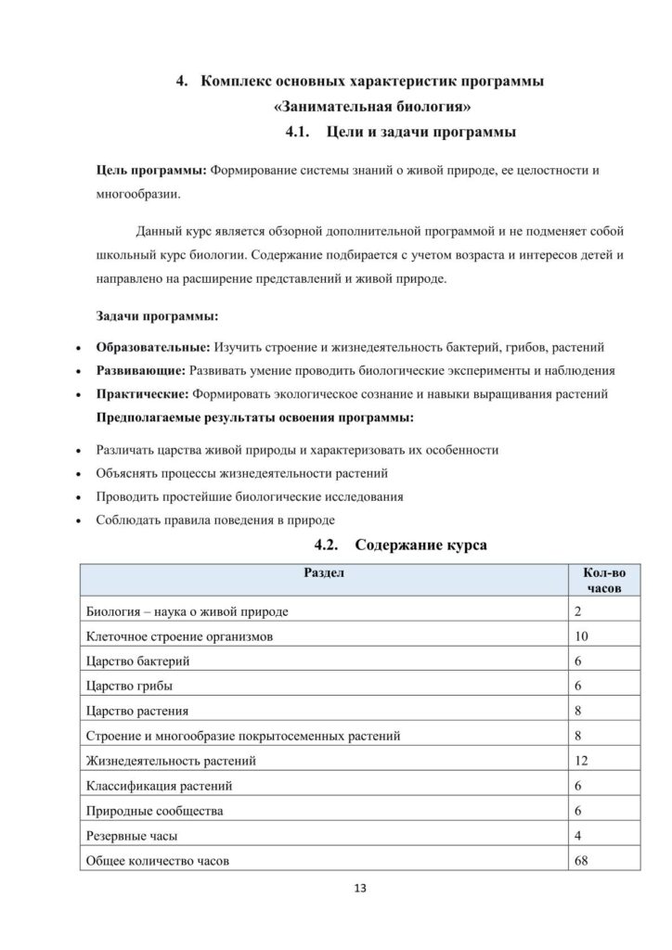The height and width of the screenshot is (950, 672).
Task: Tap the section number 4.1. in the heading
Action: click(x=304, y=132)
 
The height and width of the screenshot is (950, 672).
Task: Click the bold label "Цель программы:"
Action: click(x=152, y=172)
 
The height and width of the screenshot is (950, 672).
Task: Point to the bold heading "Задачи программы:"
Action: click(x=157, y=316)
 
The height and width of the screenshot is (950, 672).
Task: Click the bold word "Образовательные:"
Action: click(x=153, y=348)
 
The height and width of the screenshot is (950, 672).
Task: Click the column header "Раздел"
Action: click(x=325, y=573)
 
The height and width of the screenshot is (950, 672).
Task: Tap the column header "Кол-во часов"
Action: click(x=603, y=581)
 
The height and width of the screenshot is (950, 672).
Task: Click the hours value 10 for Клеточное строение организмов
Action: click(x=582, y=636)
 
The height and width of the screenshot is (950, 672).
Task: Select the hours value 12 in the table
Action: click(x=582, y=761)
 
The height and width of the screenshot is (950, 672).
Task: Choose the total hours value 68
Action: click(x=582, y=860)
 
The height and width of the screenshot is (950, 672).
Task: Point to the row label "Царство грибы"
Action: click(x=129, y=687)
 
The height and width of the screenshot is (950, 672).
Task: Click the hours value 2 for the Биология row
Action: click(x=578, y=611)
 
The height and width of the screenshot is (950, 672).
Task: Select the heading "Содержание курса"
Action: click(x=420, y=546)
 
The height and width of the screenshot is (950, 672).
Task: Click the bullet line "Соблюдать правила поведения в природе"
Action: click(x=215, y=520)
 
